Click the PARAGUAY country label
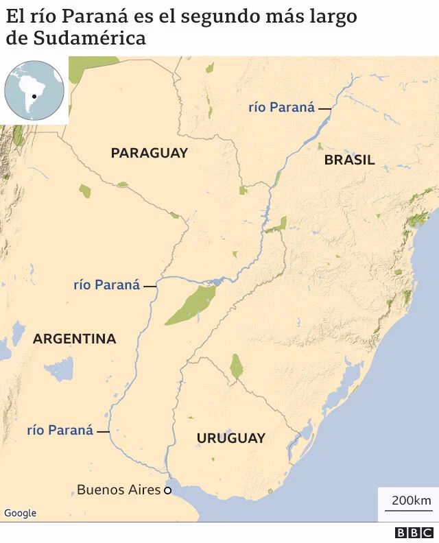(149, 153)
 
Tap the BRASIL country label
(349, 160)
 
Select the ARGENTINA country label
(74, 339)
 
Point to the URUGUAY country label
(230, 438)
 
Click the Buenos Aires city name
(119, 490)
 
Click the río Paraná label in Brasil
(281, 107)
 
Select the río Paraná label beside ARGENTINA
(106, 285)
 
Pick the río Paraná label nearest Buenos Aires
(60, 430)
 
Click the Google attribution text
(20, 513)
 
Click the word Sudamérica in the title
(89, 38)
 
